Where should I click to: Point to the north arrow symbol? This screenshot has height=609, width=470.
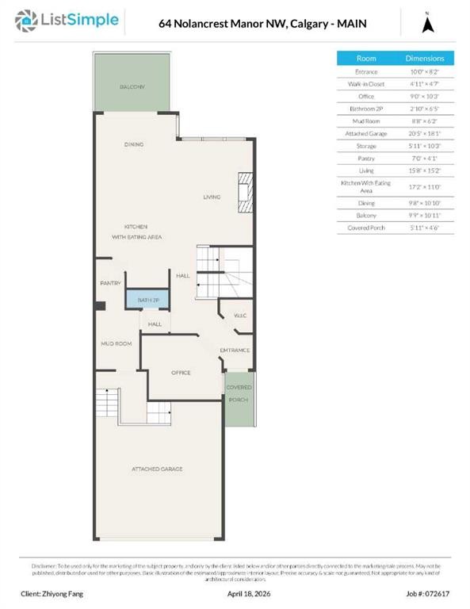(428, 24)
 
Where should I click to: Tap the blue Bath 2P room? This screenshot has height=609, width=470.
(148, 301)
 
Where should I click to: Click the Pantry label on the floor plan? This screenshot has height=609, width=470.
(110, 283)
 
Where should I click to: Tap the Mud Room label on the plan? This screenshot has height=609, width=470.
(116, 343)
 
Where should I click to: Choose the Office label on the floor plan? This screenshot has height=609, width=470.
(182, 372)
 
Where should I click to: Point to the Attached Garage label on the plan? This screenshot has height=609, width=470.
(157, 469)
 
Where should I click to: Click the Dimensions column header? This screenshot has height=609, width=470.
(425, 59)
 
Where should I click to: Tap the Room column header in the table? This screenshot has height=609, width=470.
(366, 59)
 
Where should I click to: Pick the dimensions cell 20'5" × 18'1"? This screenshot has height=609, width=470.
(425, 133)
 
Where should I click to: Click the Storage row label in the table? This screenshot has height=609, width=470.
(366, 145)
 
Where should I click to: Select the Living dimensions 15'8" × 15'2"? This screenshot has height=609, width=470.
(425, 170)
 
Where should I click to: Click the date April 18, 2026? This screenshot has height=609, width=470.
(250, 593)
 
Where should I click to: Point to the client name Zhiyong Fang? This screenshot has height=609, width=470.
(52, 593)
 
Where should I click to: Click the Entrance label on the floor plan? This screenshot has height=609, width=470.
(235, 350)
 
